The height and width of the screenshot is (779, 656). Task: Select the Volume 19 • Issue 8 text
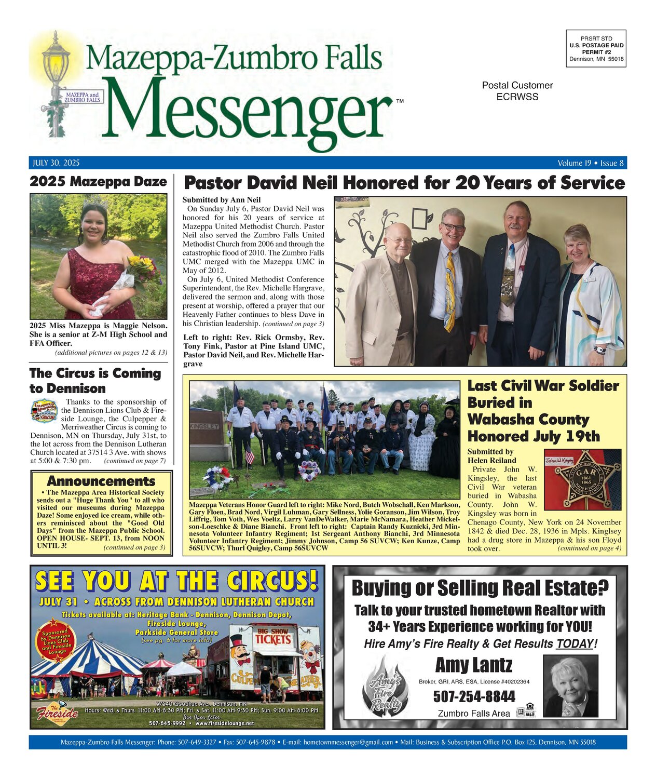click(591, 163)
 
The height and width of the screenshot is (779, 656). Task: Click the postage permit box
click(596, 48)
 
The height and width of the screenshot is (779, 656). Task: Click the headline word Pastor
click(213, 183)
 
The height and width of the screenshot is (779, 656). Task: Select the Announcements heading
click(101, 481)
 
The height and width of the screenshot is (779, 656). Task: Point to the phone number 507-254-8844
click(474, 696)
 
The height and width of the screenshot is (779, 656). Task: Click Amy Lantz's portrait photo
click(570, 685)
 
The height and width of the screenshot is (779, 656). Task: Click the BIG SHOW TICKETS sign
click(272, 636)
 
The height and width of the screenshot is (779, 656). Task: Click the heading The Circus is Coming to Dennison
click(95, 381)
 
